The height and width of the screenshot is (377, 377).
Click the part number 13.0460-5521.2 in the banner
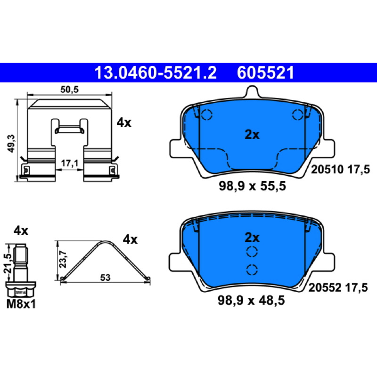point(156,73)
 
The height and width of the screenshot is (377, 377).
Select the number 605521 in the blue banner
point(265,73)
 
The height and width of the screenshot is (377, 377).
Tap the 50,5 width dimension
point(69,90)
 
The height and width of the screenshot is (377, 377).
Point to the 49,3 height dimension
point(11,143)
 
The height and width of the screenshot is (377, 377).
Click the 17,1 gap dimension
point(69,164)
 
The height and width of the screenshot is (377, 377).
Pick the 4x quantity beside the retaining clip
point(124,123)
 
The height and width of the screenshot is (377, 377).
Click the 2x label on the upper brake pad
point(252,135)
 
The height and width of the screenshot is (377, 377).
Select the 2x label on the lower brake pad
point(252,238)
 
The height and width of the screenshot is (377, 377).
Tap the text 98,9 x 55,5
point(252,186)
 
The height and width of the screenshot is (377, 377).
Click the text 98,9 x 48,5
point(251,300)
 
